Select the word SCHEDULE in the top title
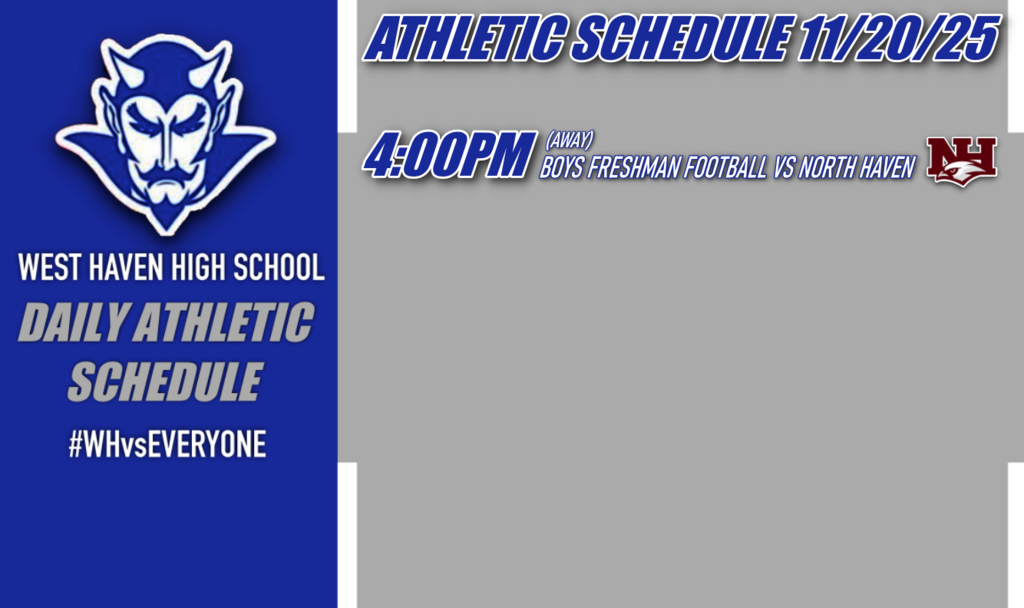coord(681,40)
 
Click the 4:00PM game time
coord(446,158)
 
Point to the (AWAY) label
coord(570,138)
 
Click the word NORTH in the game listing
coord(826,168)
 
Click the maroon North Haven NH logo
coord(961,160)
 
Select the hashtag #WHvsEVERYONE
coord(167,444)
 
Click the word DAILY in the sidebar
coord(76,324)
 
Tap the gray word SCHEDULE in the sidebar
coord(165,381)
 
